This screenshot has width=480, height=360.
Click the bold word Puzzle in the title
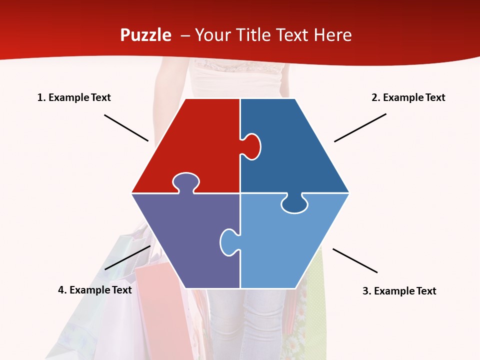click(x=145, y=35)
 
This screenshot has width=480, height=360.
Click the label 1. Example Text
click(x=74, y=97)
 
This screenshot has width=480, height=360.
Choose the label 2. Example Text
click(x=408, y=97)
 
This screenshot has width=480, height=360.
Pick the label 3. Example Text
click(x=399, y=291)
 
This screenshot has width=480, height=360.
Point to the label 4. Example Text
click(x=95, y=290)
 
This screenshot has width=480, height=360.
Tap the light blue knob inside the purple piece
click(x=228, y=241)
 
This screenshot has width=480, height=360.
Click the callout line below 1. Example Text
click(x=126, y=127)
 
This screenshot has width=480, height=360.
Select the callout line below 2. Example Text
click(x=360, y=127)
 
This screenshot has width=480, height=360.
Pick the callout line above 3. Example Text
click(x=355, y=260)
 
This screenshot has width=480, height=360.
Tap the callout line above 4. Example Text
click(x=127, y=257)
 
